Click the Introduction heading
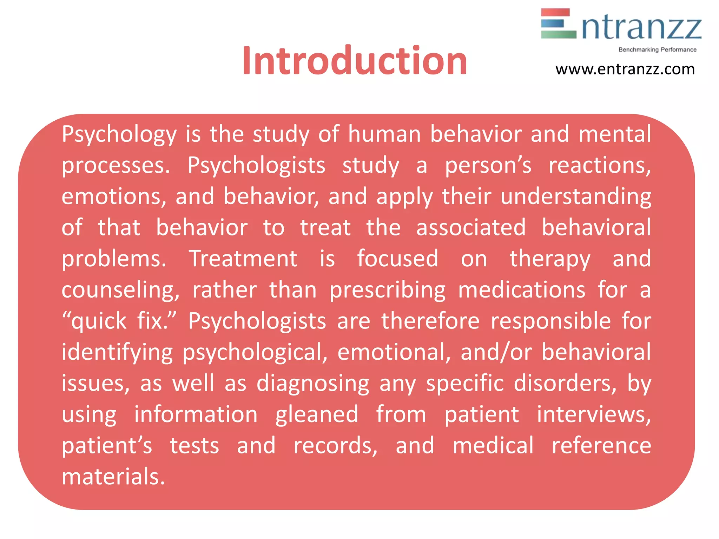click(x=355, y=61)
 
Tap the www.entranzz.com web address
click(x=625, y=69)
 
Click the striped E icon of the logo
click(x=558, y=24)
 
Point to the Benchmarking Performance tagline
click(x=657, y=50)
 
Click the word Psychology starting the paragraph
click(x=119, y=134)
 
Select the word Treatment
click(x=243, y=259)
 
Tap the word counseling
click(x=120, y=290)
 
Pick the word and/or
click(x=496, y=352)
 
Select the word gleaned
click(x=317, y=414)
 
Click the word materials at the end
click(x=113, y=477)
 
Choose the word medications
click(x=522, y=290)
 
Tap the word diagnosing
click(x=313, y=384)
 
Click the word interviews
click(x=594, y=414)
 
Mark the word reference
click(x=601, y=446)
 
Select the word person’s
click(x=488, y=166)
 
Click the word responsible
click(x=550, y=321)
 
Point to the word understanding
click(x=576, y=197)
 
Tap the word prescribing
click(x=388, y=290)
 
